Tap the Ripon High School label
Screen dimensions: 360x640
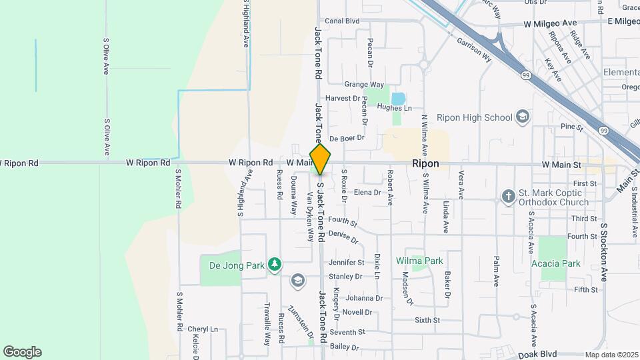(x=474, y=117)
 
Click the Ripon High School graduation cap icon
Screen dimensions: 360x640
(x=523, y=117)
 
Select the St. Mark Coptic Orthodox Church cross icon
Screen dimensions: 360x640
(x=508, y=197)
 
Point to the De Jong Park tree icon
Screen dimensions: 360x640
(x=274, y=265)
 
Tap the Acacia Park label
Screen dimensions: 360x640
(x=555, y=263)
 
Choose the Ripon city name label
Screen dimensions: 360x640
(x=425, y=163)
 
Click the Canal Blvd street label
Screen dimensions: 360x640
(x=342, y=21)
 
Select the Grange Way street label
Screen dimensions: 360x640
(x=364, y=85)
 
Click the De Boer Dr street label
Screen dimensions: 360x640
(x=348, y=138)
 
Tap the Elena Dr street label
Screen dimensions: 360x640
(x=367, y=193)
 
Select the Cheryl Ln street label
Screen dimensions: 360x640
(x=203, y=329)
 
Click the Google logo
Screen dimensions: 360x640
(x=22, y=352)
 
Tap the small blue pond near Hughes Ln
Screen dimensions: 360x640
(x=398, y=99)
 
